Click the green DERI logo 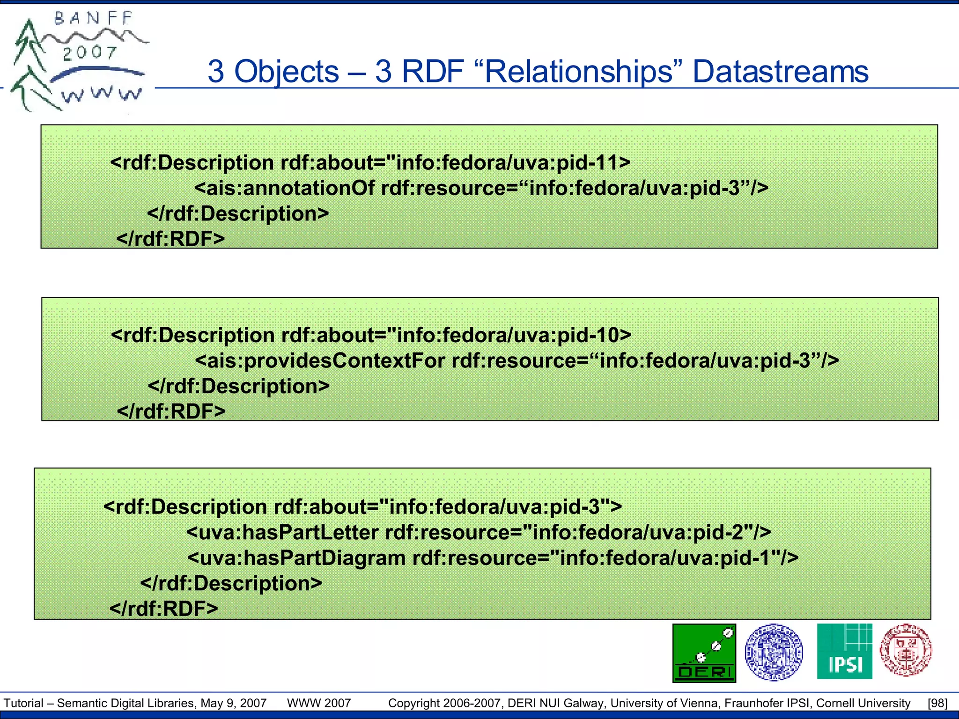pyautogui.click(x=704, y=653)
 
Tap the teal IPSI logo pyautogui.click(x=844, y=651)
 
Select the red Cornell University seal pyautogui.click(x=905, y=650)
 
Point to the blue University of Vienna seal pyautogui.click(x=774, y=652)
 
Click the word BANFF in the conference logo pyautogui.click(x=94, y=19)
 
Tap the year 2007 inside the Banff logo pyautogui.click(x=90, y=53)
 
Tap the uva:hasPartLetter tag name pyautogui.click(x=288, y=533)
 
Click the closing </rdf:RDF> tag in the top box pyautogui.click(x=170, y=239)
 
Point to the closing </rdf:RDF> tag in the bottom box pyautogui.click(x=164, y=609)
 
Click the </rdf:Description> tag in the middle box pyautogui.click(x=239, y=386)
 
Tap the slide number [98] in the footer pyautogui.click(x=937, y=703)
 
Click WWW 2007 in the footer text pyautogui.click(x=319, y=703)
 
